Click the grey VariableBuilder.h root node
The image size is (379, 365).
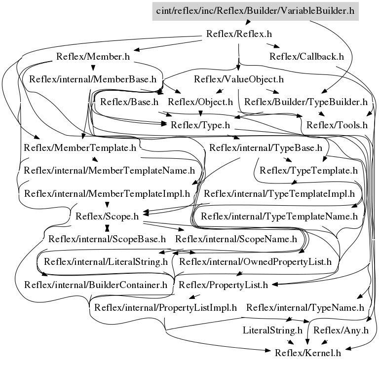pos(255,10)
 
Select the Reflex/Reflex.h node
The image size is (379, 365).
pos(238,34)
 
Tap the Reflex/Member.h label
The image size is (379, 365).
pos(93,56)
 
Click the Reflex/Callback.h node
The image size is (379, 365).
pos(306,56)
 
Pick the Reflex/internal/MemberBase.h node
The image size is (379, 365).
pos(93,79)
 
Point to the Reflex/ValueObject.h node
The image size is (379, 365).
pos(238,79)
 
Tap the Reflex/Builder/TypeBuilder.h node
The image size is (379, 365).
pos(306,102)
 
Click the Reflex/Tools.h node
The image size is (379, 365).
pos(337,125)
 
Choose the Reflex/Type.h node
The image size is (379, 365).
pos(200,125)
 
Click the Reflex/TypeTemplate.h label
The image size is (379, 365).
pos(308,171)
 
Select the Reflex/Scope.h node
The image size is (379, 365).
pos(107,216)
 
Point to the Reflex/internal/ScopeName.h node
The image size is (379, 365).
pos(236,239)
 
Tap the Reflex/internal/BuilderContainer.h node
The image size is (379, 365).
pos(96,285)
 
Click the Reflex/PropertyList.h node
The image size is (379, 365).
pos(223,285)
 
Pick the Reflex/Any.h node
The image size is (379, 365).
pos(341,330)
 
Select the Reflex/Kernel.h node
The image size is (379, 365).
pos(308,352)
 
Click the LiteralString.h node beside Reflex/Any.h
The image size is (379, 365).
pos(272,330)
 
